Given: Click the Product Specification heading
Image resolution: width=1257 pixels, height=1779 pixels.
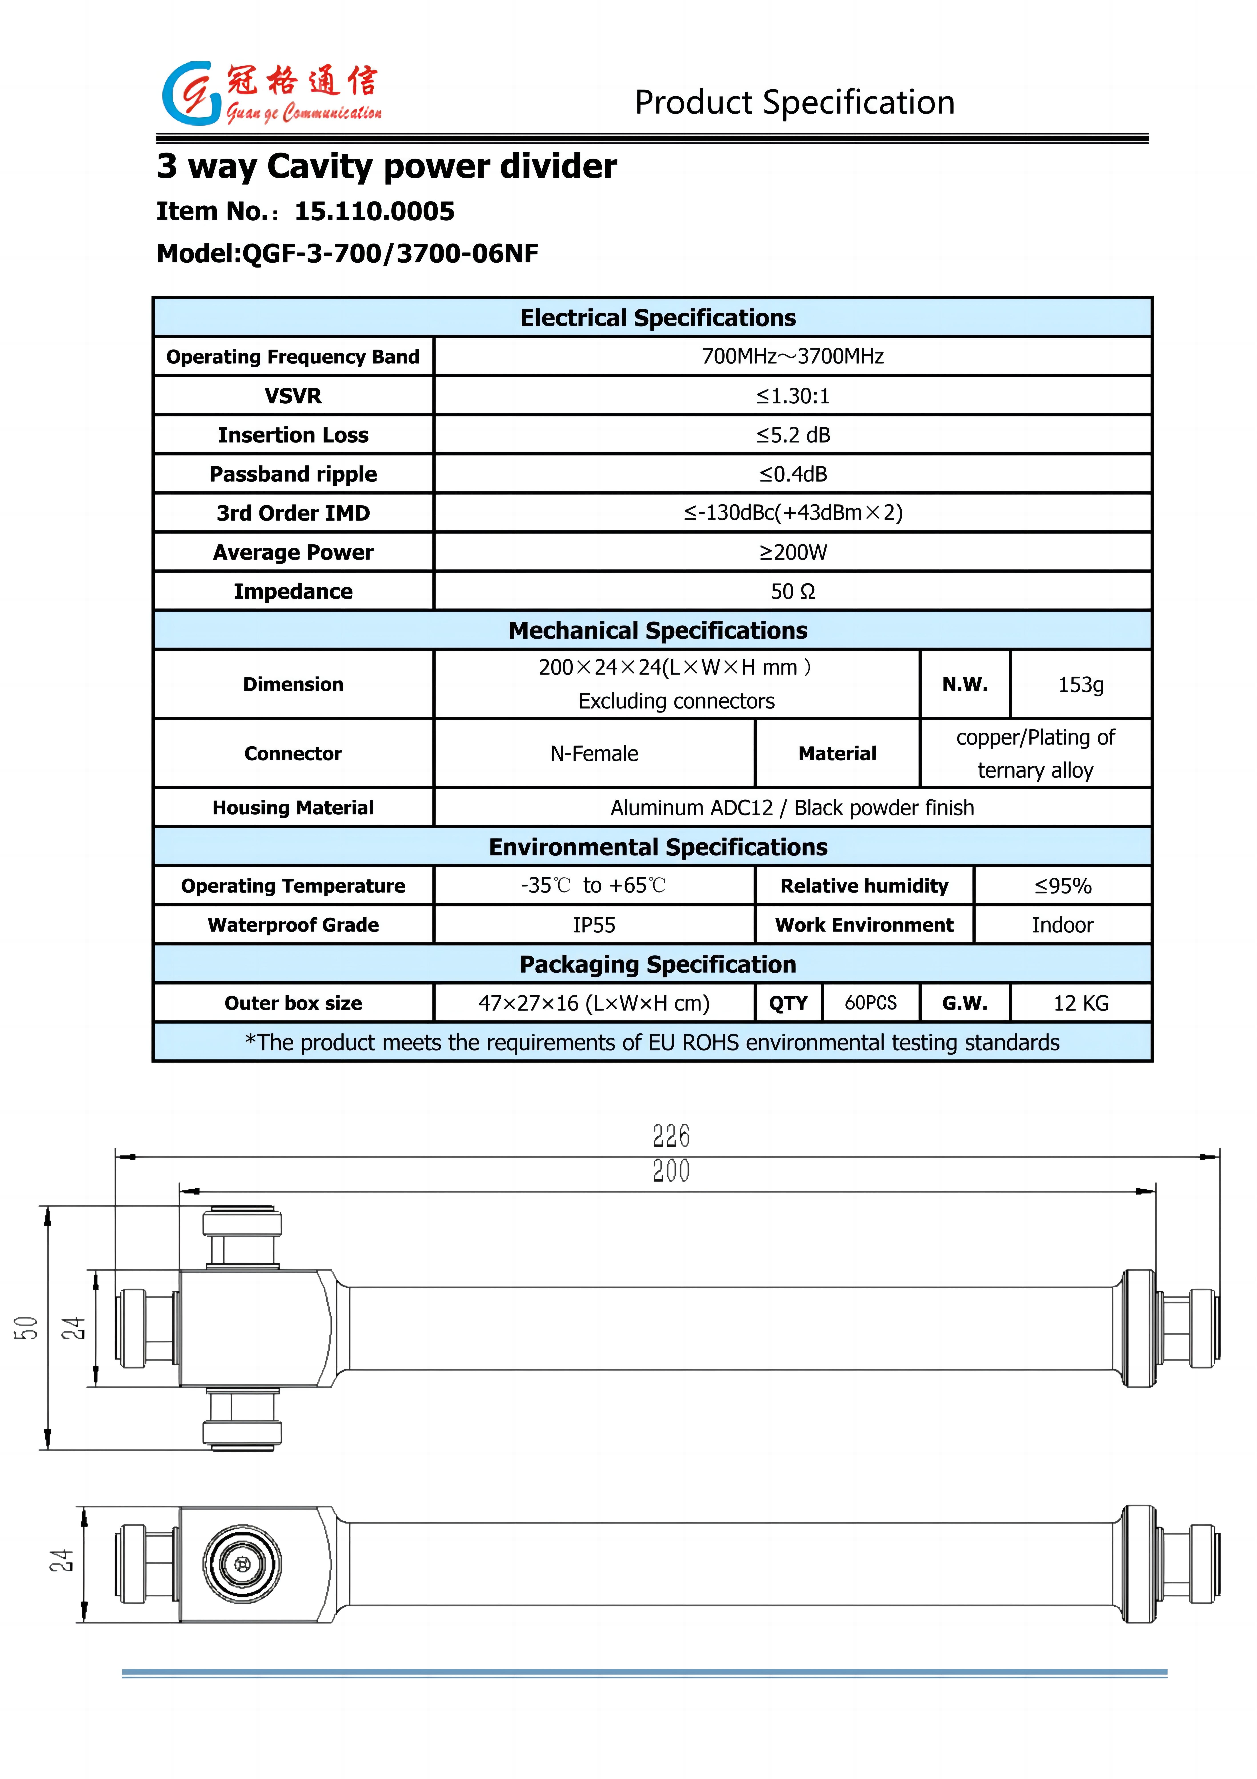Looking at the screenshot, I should [x=795, y=102].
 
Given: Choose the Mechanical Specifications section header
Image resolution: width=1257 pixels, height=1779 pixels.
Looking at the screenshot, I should [x=658, y=630].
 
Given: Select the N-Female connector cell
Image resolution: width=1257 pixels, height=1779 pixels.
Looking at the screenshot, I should [x=594, y=753].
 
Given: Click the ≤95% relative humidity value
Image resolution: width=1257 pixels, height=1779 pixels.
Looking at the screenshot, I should [x=1063, y=886].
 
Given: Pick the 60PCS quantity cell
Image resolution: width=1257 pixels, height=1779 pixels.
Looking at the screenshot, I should [x=871, y=1003].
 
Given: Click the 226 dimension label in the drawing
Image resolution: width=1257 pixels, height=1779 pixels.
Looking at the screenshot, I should [x=671, y=1136].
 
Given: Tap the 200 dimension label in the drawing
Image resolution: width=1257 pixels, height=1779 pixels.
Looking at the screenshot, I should [x=671, y=1170].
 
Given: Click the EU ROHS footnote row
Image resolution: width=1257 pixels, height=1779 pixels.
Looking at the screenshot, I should [x=652, y=1042].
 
